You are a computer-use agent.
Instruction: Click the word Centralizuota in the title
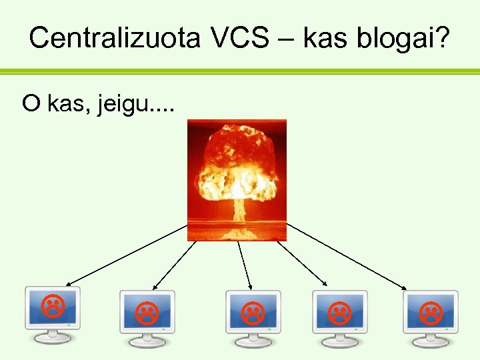click(x=114, y=38)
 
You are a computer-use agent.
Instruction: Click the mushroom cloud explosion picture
click(x=237, y=179)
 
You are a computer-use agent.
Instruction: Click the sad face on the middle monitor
click(x=251, y=311)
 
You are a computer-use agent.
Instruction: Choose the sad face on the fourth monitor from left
click(x=339, y=311)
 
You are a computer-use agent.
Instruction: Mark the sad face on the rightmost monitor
click(x=430, y=311)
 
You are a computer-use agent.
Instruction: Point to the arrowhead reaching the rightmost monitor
click(x=405, y=287)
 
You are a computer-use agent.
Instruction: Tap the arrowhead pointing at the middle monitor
click(x=249, y=287)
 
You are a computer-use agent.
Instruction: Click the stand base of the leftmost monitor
click(x=53, y=338)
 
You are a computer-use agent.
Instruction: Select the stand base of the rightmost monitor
click(x=431, y=341)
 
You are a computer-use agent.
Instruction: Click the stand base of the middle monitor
click(x=253, y=341)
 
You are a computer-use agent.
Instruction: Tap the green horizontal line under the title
click(x=240, y=71)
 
